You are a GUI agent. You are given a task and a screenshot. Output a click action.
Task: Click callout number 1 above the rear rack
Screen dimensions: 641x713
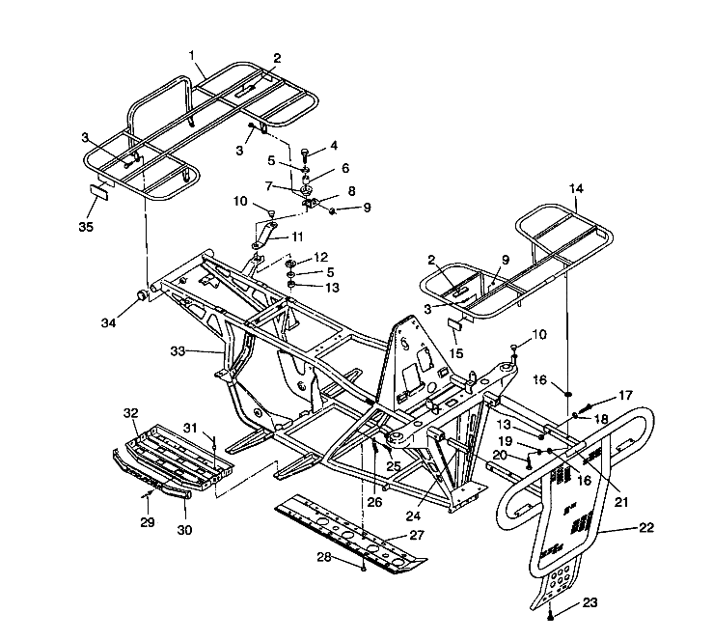point(192,55)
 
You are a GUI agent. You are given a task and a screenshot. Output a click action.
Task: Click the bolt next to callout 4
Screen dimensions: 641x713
point(305,153)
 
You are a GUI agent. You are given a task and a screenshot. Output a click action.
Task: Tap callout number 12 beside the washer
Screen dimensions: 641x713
point(321,258)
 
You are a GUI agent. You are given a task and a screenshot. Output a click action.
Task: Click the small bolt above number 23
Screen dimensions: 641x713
point(549,613)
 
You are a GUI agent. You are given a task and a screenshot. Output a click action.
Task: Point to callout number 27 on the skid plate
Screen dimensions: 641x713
point(417,534)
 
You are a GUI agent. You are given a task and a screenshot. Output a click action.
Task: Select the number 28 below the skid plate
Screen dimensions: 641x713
point(326,557)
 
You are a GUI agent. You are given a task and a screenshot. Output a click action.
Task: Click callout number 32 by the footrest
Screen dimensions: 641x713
point(130,412)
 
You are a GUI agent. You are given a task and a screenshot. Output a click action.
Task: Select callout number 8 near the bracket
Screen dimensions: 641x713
point(324,191)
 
